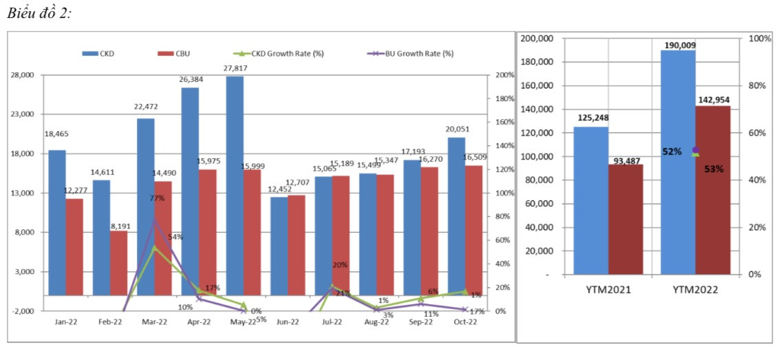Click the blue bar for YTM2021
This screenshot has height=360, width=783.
[x=591, y=200]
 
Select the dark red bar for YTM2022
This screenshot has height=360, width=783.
[x=712, y=190]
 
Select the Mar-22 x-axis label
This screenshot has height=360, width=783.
[x=154, y=321]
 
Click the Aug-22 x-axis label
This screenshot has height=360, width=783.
[x=376, y=321]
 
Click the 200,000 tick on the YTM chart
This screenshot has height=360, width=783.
[x=539, y=39]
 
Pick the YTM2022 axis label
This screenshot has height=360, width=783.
[x=695, y=290]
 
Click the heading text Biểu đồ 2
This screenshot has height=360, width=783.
[x=40, y=15]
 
